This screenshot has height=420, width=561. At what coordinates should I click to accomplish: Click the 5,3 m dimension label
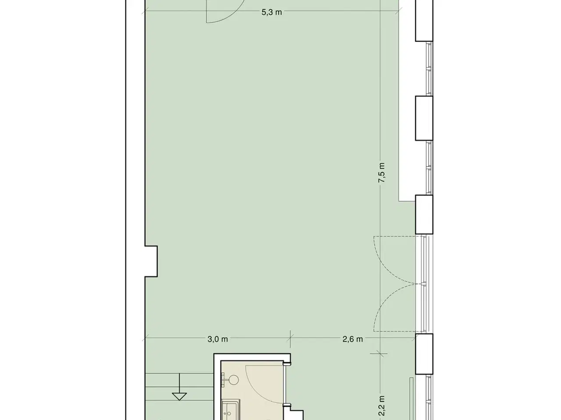pos(271,12)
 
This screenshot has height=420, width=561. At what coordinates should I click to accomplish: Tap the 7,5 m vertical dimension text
pos(382,173)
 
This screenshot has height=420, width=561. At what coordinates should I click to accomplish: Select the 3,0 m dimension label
pos(217,339)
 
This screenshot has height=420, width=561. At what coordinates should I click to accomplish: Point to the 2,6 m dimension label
pos(352,339)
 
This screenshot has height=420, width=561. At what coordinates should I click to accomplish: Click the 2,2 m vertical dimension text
pos(382,406)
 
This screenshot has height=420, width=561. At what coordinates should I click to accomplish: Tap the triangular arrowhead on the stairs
pos(179,396)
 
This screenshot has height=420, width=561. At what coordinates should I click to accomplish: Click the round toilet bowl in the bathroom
pos(233,380)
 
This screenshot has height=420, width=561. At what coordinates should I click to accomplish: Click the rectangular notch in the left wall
pos(151,261)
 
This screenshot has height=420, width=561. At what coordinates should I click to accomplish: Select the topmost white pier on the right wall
pos(424,21)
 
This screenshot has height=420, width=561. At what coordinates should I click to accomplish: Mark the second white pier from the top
pos(424,118)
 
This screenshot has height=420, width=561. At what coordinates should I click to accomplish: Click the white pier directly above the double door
pos(424,214)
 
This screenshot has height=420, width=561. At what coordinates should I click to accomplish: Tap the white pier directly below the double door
pos(424,354)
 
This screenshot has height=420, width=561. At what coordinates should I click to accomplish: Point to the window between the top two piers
pos(429,69)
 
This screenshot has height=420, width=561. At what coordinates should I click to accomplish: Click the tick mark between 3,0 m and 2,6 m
pos(290,339)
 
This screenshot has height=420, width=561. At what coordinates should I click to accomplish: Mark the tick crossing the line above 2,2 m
pos(380,353)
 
